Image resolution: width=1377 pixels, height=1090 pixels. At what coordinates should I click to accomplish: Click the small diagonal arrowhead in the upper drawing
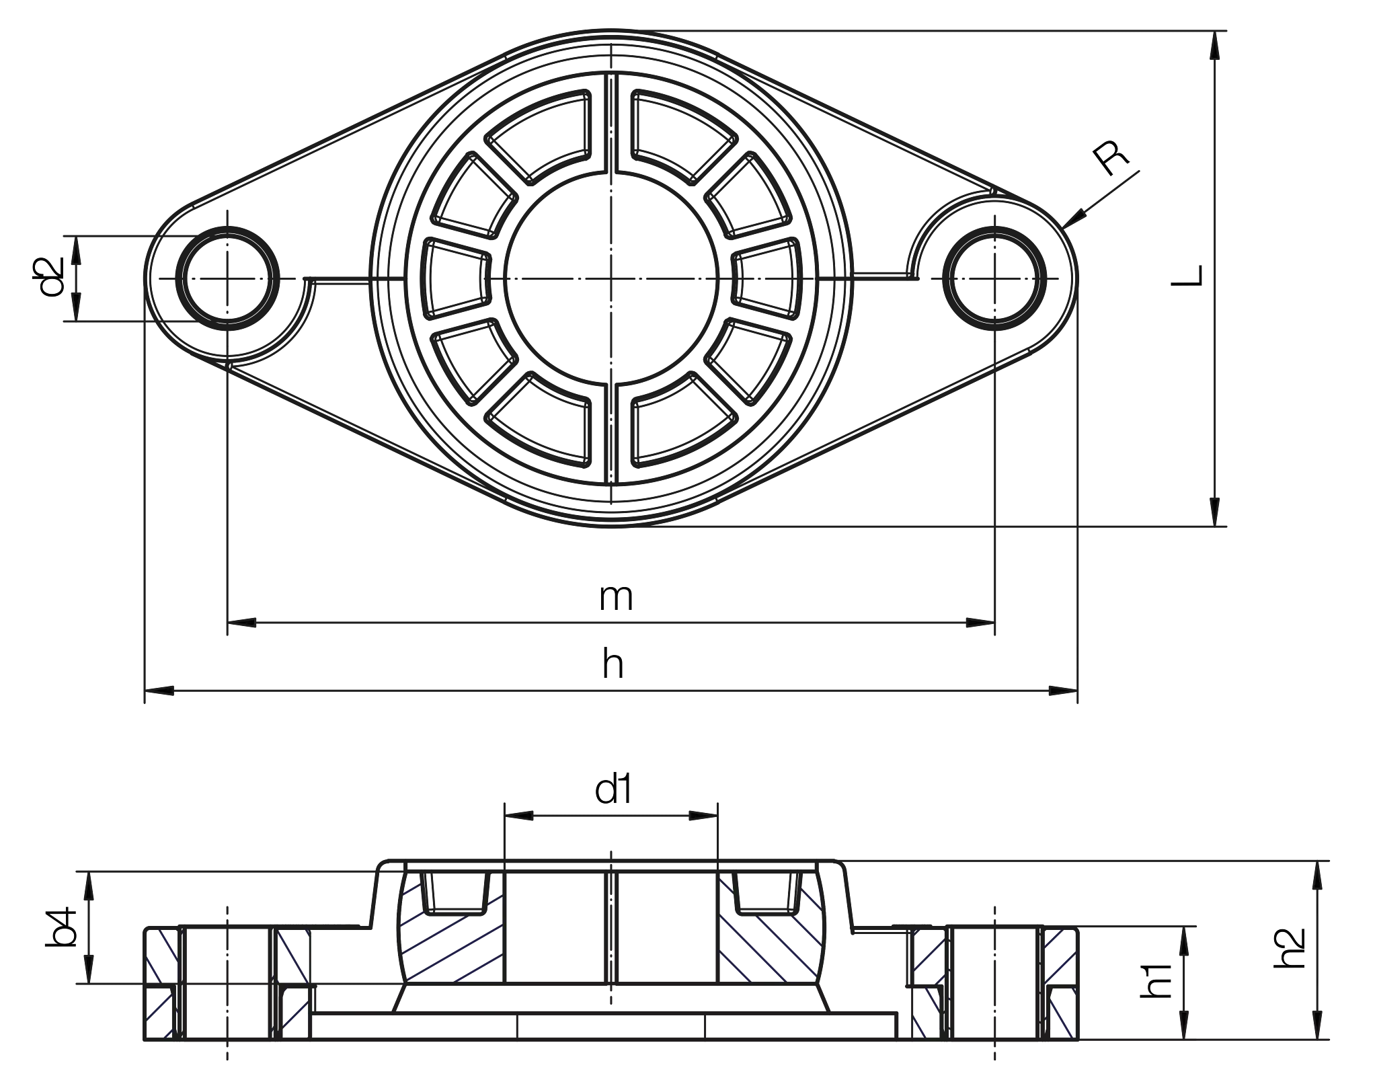(x=1076, y=218)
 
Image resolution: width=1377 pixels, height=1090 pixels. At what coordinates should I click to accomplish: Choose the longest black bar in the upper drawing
(x=838, y=664)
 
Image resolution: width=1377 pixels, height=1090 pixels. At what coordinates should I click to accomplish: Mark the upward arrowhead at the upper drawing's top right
(x=1214, y=48)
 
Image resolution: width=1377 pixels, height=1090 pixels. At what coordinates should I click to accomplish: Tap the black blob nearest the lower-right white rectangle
(x=1291, y=948)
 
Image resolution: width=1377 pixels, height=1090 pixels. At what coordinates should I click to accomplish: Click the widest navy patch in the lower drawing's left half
(x=454, y=945)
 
